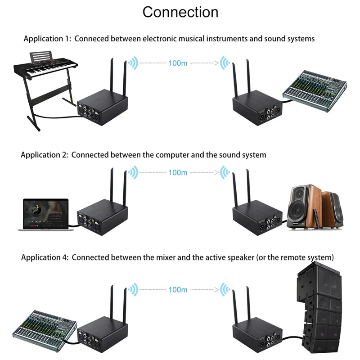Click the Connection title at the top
pyautogui.click(x=180, y=12)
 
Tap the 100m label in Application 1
pyautogui.click(x=178, y=63)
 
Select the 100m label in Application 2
pyautogui.click(x=178, y=172)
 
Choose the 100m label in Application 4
pyautogui.click(x=178, y=289)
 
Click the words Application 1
pyautogui.click(x=47, y=39)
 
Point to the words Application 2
pyautogui.click(x=44, y=155)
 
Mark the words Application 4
pyautogui.click(x=45, y=258)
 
